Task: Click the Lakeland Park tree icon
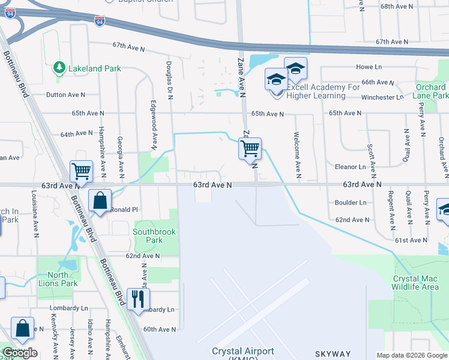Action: [59, 68]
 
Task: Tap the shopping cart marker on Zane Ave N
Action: [250, 148]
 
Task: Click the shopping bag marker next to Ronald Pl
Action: [100, 200]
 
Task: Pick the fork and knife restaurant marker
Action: [138, 298]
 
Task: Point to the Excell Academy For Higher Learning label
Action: [323, 91]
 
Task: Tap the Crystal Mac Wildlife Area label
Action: [415, 283]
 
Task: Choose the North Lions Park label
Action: [62, 279]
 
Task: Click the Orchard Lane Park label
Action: [432, 91]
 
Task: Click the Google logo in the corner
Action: [20, 353]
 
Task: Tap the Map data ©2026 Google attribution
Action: [411, 355]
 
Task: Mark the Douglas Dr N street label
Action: [170, 80]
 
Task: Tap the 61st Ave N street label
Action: [409, 240]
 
